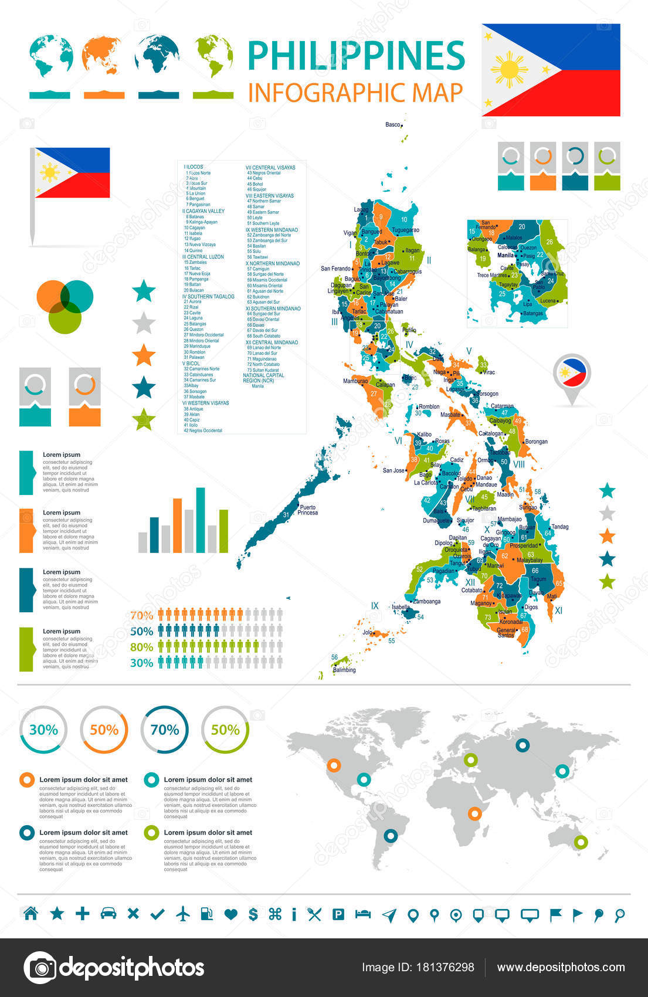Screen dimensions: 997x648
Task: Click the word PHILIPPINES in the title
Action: tap(356, 56)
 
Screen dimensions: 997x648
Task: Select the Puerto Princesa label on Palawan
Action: tap(307, 510)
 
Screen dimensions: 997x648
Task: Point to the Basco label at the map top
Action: tap(393, 124)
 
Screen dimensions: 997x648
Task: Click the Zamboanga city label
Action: tap(426, 601)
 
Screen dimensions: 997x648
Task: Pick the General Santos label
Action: tap(505, 632)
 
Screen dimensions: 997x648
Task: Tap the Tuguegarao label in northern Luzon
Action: tap(405, 230)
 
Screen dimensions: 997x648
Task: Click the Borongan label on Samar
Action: tap(536, 442)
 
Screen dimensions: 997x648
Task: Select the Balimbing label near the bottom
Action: tap(344, 670)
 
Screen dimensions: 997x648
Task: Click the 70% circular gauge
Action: tap(165, 730)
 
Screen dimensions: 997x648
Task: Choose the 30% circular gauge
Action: tap(43, 730)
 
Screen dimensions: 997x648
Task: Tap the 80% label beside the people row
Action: tap(141, 647)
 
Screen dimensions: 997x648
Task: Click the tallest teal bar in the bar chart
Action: tap(201, 520)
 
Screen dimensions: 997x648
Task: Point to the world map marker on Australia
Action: tap(581, 842)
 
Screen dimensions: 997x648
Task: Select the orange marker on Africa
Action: tap(474, 813)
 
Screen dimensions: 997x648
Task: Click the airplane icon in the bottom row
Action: tap(184, 913)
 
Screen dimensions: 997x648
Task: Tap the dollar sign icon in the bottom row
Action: tap(253, 914)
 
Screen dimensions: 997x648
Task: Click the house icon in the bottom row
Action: tap(30, 913)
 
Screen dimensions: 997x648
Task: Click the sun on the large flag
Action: tap(509, 70)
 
